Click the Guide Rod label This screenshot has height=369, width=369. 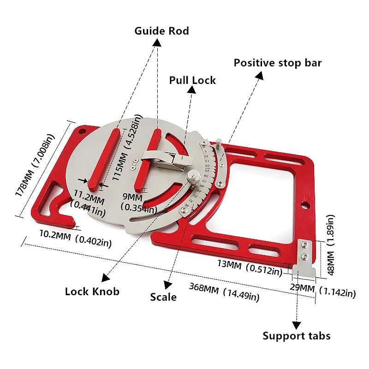161,31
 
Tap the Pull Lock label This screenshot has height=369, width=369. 192,80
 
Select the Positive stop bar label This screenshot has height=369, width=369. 277,63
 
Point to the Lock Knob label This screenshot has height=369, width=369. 92,291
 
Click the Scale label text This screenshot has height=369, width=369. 163,297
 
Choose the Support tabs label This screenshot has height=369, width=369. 297,335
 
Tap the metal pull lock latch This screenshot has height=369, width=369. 166,159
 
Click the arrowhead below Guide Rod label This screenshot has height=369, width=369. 157,42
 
